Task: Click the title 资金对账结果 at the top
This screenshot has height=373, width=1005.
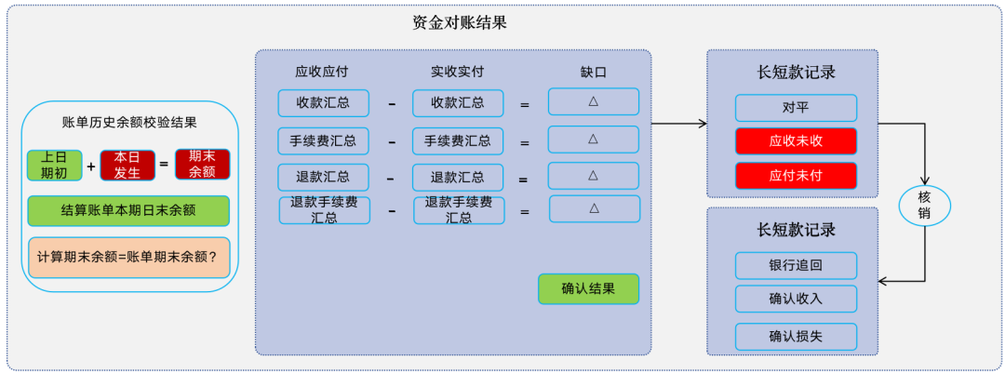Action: [x=460, y=22]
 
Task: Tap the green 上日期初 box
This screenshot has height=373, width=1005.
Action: [x=54, y=165]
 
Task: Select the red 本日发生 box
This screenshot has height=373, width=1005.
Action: [x=127, y=165]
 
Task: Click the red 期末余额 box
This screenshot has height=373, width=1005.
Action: [x=202, y=165]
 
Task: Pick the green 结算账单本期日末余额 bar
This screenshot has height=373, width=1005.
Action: [x=127, y=210]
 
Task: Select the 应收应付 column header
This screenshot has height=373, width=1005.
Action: [x=322, y=72]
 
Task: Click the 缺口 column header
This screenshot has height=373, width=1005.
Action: [x=594, y=72]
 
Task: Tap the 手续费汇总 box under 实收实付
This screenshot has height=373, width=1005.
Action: [x=458, y=141]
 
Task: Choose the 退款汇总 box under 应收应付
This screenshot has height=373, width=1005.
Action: [x=324, y=178]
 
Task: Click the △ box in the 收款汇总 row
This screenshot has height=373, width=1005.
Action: [x=594, y=102]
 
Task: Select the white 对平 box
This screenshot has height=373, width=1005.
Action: [x=796, y=108]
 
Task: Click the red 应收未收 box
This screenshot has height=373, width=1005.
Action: [x=796, y=141]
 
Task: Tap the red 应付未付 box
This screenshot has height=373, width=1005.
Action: [x=796, y=175]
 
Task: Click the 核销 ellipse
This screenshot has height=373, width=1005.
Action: [x=924, y=205]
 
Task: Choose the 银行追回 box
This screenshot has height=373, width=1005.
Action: [x=796, y=266]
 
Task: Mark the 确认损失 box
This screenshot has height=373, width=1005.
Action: [x=796, y=336]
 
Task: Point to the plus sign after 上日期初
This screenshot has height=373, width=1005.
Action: [x=91, y=166]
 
